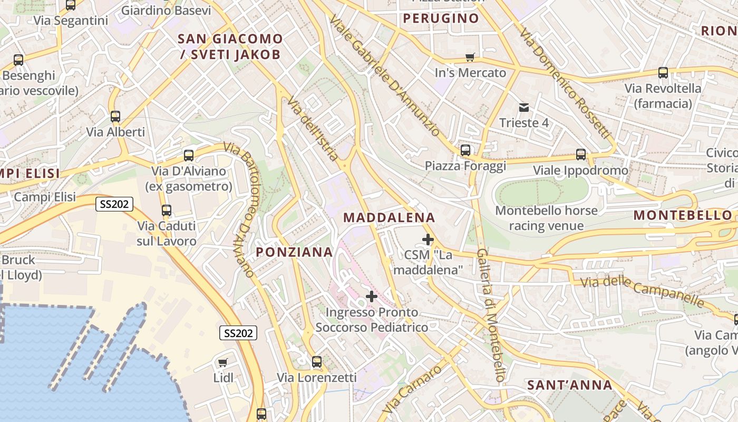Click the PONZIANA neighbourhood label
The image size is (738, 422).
pos(295,252)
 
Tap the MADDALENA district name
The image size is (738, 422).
pos(389,217)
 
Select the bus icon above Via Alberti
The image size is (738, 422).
pos(115,117)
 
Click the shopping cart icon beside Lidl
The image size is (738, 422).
pos(223,362)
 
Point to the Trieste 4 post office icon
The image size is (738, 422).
pos(524,108)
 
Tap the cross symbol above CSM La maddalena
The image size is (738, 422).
pos(428,240)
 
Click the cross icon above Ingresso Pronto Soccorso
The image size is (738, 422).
pos(372,296)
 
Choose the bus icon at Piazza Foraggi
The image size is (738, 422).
pos(465,150)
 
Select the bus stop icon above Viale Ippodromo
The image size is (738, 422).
pos(581,155)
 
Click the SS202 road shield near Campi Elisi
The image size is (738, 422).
pos(114,204)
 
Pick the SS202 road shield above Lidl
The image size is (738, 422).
pos(238,333)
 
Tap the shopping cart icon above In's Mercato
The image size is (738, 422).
pos(470,57)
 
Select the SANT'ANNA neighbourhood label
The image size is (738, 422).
pos(570,385)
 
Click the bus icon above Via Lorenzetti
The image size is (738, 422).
pos(317,362)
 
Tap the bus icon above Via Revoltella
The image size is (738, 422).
pos(663,73)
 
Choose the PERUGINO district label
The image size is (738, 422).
pos(441,18)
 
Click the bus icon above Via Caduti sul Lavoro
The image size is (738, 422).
pos(167,210)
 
